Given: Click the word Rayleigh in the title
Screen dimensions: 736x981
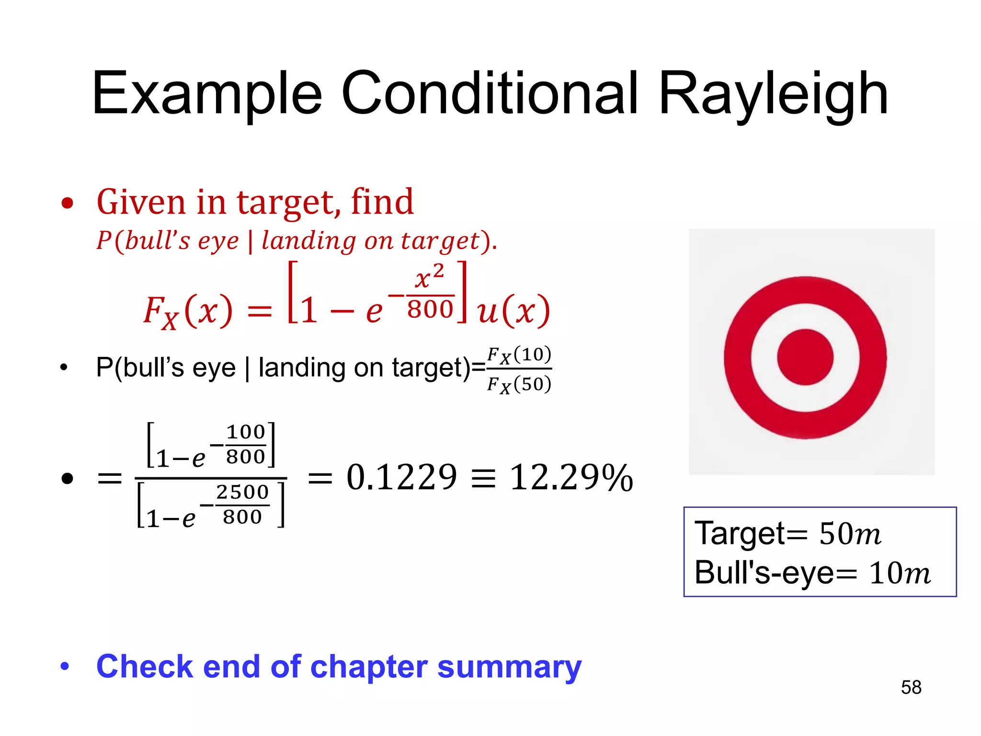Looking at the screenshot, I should pyautogui.click(x=773, y=94).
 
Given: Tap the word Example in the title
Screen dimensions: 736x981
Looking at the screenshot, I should pyautogui.click(x=207, y=94).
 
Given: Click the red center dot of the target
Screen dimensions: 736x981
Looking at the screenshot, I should pyautogui.click(x=805, y=357).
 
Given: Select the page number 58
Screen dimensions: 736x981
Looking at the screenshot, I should pyautogui.click(x=911, y=687).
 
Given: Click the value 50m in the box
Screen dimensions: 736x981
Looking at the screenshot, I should pyautogui.click(x=850, y=533).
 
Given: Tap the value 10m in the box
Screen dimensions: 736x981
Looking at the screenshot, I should pyautogui.click(x=900, y=573).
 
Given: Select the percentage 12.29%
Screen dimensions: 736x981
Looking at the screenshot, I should pyautogui.click(x=571, y=478).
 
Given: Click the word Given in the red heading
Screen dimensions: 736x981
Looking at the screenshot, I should pyautogui.click(x=141, y=202).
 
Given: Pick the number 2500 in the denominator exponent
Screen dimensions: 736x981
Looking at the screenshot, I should pyautogui.click(x=242, y=492).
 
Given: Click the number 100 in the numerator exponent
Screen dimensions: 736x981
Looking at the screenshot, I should pyautogui.click(x=246, y=432).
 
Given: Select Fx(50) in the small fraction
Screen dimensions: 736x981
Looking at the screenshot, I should pyautogui.click(x=519, y=384).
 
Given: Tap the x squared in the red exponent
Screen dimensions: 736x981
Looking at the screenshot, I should pyautogui.click(x=430, y=277).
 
